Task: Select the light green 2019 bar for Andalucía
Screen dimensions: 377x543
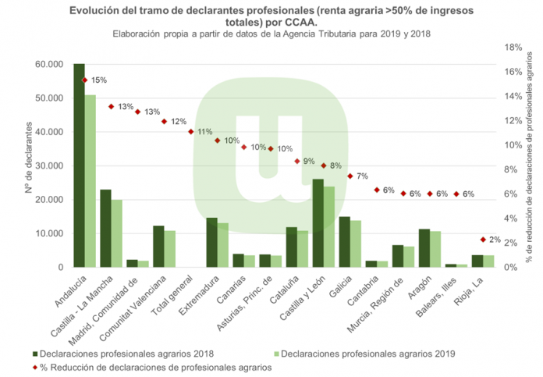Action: coord(90,181)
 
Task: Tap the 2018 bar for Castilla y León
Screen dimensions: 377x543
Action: coord(318,223)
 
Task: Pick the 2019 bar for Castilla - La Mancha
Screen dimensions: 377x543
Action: coord(117,233)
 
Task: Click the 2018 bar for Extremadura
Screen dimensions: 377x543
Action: coord(211,243)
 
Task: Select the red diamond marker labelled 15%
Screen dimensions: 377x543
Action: coord(84,80)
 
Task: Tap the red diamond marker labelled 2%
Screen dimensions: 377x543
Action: coord(483,240)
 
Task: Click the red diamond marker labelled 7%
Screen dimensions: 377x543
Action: coord(350,176)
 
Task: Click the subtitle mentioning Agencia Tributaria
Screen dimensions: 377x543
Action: coord(271,35)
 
